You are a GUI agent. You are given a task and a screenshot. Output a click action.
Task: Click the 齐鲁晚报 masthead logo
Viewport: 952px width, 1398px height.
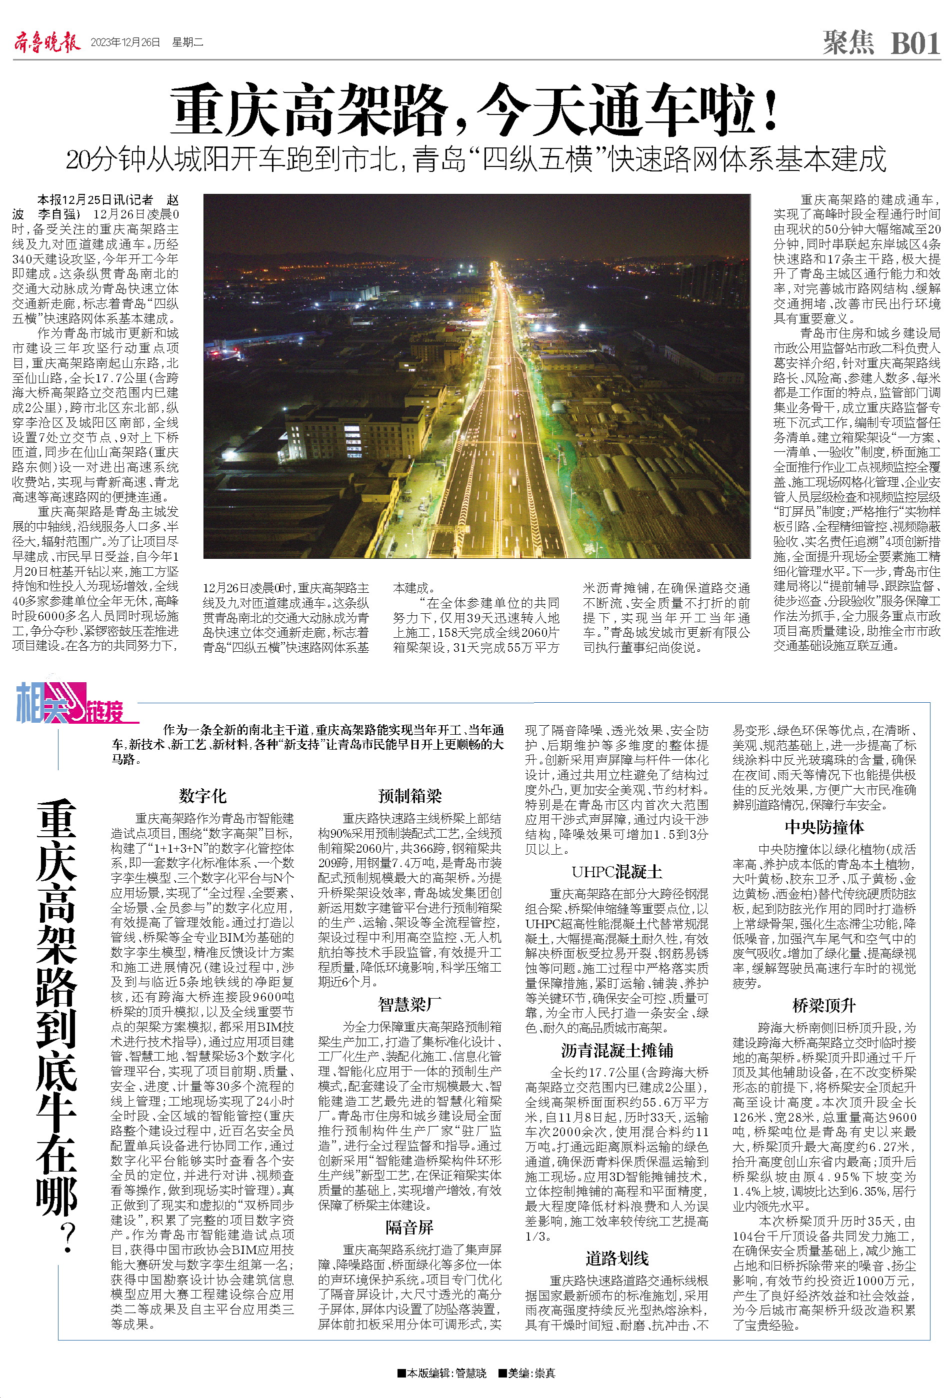(46, 42)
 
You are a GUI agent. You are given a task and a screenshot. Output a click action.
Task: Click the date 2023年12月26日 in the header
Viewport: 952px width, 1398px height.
(125, 42)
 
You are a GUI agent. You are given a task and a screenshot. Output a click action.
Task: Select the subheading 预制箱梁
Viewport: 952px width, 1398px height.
(410, 796)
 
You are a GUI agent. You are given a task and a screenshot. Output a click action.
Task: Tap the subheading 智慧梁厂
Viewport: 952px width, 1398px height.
(410, 1004)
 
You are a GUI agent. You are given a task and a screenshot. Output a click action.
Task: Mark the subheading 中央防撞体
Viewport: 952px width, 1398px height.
(824, 827)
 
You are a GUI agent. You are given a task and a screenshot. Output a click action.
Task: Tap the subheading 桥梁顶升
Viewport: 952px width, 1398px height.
(824, 1006)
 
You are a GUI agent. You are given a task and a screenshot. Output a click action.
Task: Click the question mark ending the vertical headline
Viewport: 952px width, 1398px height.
(58, 1241)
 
